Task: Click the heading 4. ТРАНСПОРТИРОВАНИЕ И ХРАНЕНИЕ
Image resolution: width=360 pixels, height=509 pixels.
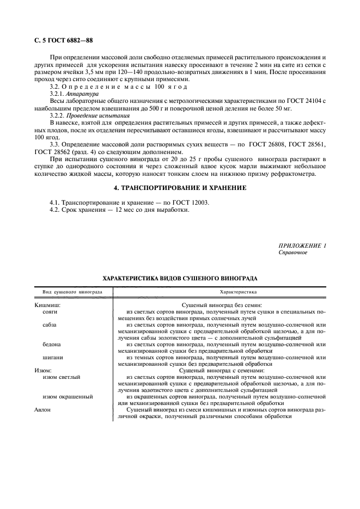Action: coord(180,188)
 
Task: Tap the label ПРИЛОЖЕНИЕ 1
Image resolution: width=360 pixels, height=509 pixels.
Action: coord(302,246)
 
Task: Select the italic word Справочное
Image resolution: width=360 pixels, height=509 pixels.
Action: coord(293,253)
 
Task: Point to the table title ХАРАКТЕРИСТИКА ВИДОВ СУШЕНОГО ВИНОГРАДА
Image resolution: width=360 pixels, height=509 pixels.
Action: coord(180,278)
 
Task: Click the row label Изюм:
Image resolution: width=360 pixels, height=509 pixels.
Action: coord(43,370)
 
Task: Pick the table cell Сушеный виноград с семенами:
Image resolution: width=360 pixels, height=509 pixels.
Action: coord(221,370)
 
